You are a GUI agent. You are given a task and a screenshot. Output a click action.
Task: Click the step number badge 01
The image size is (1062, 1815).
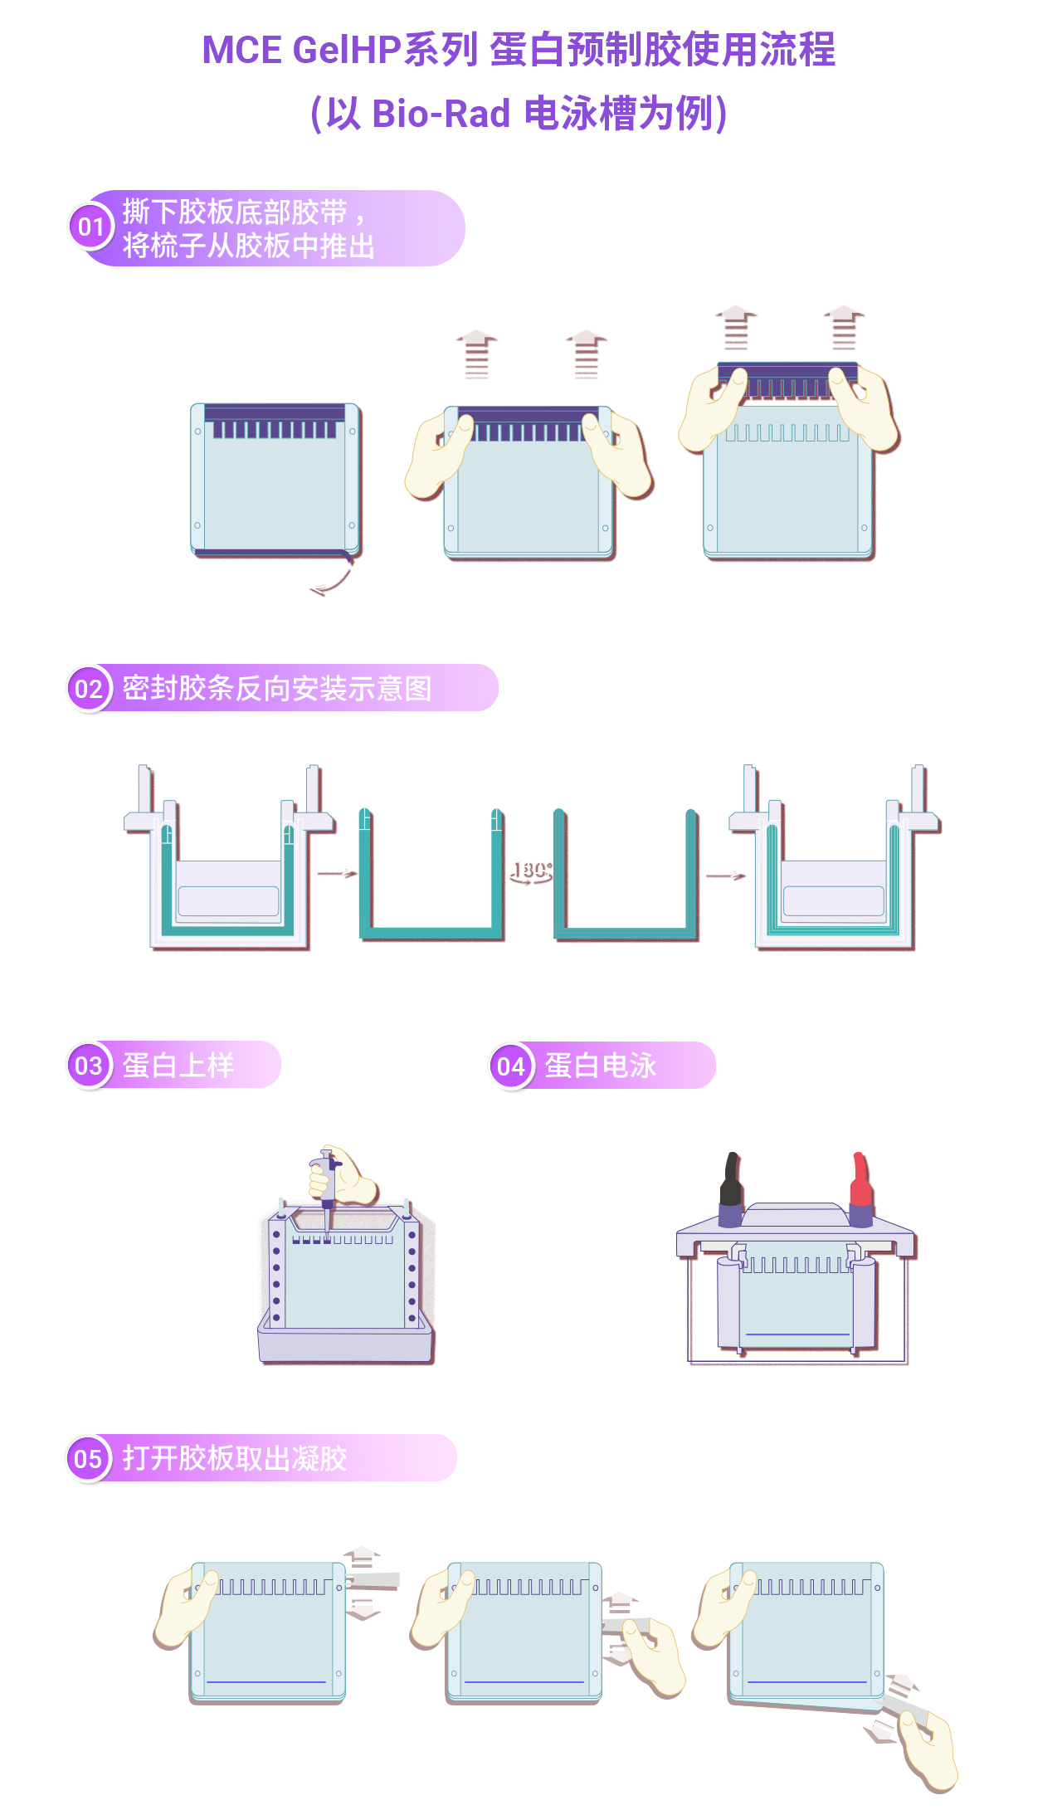pyautogui.click(x=90, y=227)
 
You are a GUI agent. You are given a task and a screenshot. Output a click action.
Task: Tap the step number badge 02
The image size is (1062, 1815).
pyautogui.click(x=89, y=689)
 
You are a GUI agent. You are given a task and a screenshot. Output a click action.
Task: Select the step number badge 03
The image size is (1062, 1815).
pyautogui.click(x=89, y=1065)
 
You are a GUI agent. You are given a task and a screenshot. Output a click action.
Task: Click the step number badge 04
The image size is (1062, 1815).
pyautogui.click(x=511, y=1066)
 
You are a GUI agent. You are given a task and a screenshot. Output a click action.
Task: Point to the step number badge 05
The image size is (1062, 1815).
pyautogui.click(x=88, y=1458)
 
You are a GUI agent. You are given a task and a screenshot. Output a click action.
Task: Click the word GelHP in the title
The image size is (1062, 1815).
pyautogui.click(x=347, y=50)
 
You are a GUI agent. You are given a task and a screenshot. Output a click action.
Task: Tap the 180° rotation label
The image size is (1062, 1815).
pyautogui.click(x=531, y=870)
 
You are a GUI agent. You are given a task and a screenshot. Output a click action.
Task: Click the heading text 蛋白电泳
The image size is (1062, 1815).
pyautogui.click(x=600, y=1066)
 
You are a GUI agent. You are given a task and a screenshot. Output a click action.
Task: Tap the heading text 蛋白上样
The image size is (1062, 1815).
pyautogui.click(x=178, y=1065)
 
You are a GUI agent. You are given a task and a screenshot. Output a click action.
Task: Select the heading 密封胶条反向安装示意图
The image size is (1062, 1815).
pyautogui.click(x=277, y=688)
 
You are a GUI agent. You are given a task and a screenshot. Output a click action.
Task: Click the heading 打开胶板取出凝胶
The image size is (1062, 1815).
pyautogui.click(x=235, y=1458)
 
